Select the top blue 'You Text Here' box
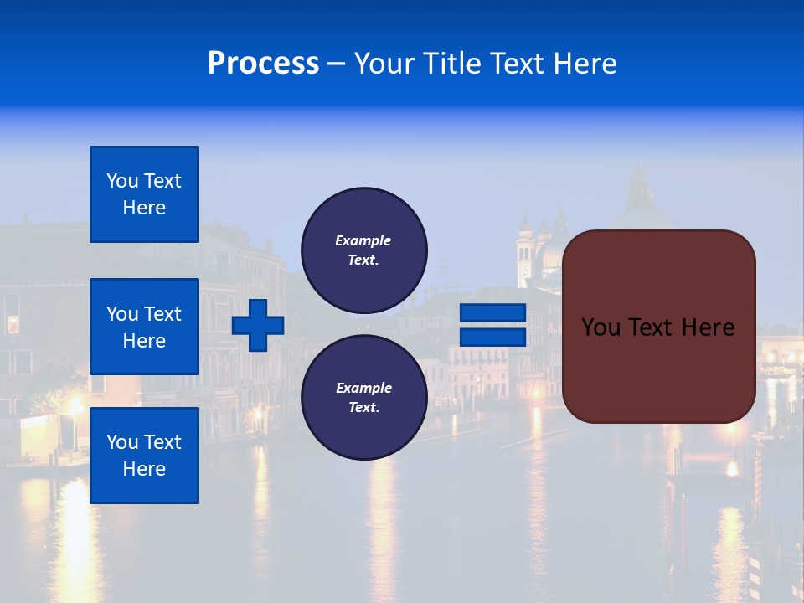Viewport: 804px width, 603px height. pyautogui.click(x=144, y=194)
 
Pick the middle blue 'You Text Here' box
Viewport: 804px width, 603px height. pyautogui.click(x=144, y=327)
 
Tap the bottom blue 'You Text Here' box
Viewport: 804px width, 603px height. pyautogui.click(x=144, y=456)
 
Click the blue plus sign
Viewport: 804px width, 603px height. pyautogui.click(x=257, y=325)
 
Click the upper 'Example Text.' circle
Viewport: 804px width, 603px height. pyautogui.click(x=363, y=250)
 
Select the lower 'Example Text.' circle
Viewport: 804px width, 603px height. pyautogui.click(x=363, y=398)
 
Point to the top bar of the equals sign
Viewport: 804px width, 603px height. pyautogui.click(x=492, y=312)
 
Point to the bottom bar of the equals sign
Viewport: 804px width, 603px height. pyautogui.click(x=492, y=338)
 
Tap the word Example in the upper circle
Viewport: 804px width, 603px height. pyautogui.click(x=363, y=240)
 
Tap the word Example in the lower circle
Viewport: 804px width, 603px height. pyautogui.click(x=363, y=388)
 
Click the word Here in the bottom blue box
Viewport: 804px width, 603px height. pyautogui.click(x=144, y=469)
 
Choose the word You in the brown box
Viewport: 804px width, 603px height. pyautogui.click(x=600, y=327)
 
